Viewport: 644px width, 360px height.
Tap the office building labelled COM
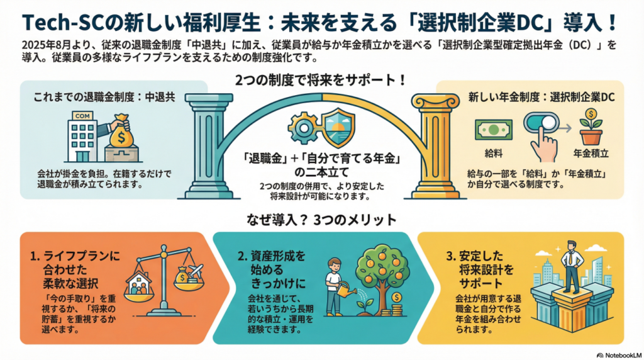coord(83,133)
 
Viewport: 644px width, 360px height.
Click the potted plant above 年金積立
coord(591,127)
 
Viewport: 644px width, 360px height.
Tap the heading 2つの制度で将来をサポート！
coord(322,81)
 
